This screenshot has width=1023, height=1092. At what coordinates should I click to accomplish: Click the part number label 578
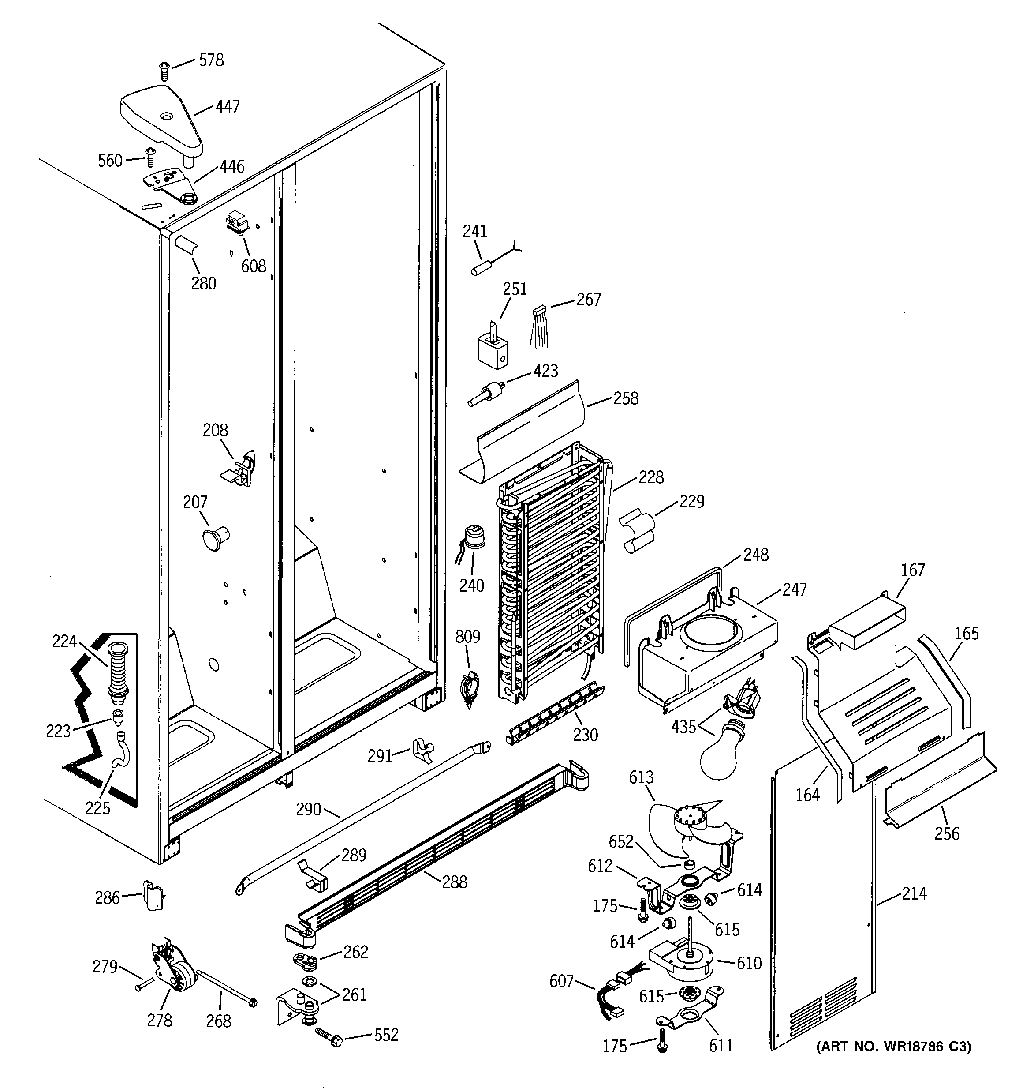(x=211, y=60)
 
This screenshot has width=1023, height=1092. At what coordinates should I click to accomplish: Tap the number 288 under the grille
(x=454, y=882)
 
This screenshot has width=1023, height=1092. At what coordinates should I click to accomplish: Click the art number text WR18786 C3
(x=893, y=1047)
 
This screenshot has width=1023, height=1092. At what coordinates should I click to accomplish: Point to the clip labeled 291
(x=423, y=751)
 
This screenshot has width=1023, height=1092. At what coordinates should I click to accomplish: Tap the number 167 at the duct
(x=913, y=570)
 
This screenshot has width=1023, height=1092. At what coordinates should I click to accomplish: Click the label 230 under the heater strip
(x=585, y=735)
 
